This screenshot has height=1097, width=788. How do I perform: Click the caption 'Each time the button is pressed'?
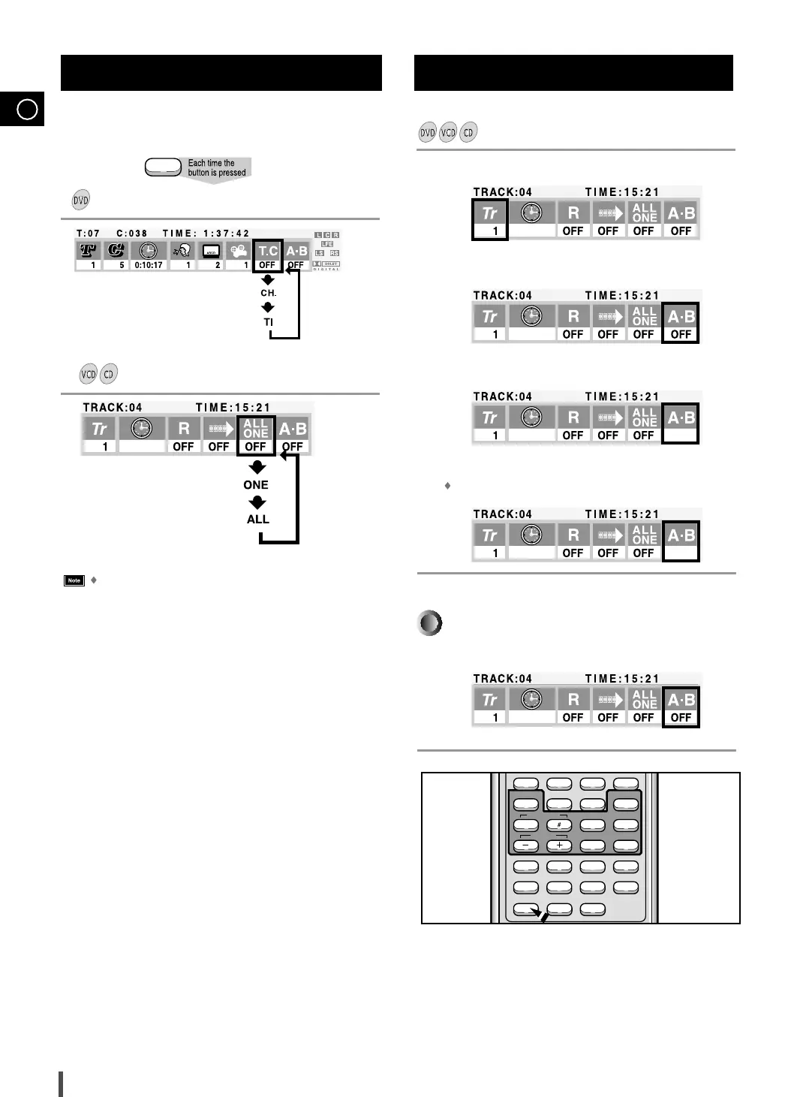point(217,167)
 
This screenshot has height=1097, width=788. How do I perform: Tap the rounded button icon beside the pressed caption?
point(163,167)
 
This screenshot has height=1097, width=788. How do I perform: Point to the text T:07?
point(88,234)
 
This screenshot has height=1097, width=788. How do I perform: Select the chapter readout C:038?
point(132,234)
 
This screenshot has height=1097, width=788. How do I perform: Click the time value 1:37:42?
point(227,234)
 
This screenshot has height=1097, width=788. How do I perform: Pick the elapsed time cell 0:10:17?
point(149,265)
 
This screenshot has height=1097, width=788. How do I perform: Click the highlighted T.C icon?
point(268,251)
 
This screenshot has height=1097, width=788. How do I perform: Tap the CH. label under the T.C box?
point(269,293)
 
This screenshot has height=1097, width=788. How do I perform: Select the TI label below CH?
point(269,322)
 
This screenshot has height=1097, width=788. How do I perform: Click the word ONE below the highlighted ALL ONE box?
point(256,485)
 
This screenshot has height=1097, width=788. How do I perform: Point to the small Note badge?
point(74,580)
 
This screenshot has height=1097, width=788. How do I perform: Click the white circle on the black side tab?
point(27,110)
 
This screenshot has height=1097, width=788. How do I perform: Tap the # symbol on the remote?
point(559,824)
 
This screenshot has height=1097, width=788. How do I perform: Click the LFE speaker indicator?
point(327,244)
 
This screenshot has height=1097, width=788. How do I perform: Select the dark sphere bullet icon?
point(430,623)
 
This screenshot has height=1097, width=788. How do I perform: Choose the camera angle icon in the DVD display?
point(239,251)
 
